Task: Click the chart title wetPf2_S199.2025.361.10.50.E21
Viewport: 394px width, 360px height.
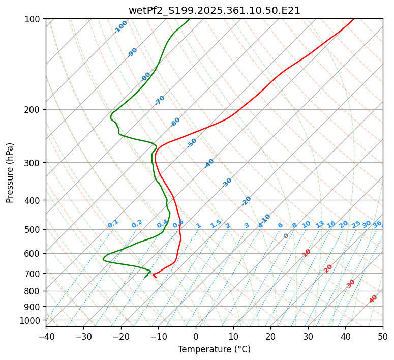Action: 214,10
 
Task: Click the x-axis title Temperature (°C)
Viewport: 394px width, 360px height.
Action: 214,350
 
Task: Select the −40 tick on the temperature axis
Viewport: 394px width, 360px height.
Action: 46,337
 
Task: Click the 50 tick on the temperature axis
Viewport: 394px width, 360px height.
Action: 383,337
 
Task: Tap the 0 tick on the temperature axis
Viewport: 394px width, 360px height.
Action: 196,337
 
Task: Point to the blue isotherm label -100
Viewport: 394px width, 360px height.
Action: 120,27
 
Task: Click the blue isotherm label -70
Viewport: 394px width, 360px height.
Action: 160,100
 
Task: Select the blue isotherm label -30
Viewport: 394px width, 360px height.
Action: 227,183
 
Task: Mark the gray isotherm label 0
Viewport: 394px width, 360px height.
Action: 286,236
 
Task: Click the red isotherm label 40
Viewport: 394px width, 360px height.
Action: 373,299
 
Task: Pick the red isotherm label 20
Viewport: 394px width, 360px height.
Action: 328,268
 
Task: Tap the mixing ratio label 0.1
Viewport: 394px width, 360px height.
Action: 113,223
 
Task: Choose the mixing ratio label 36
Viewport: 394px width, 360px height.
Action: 377,224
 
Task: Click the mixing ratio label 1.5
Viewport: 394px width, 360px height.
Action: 216,223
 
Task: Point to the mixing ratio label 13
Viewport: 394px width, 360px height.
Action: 320,224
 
